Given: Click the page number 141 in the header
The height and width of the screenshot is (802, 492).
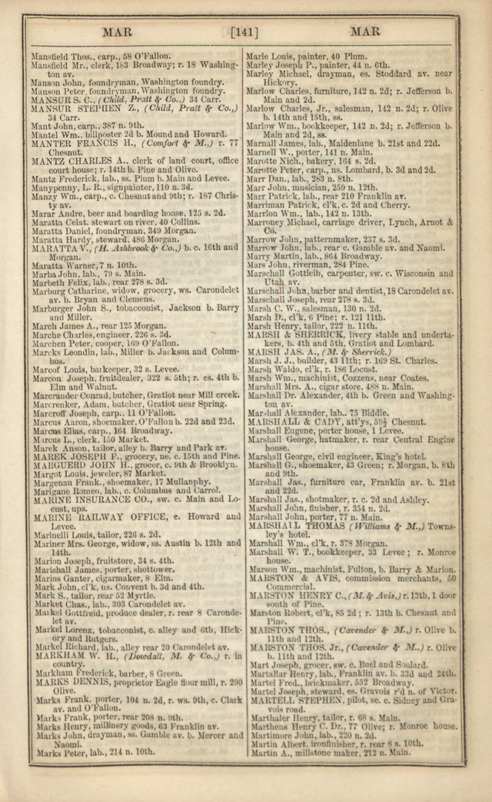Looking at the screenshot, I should [x=244, y=32].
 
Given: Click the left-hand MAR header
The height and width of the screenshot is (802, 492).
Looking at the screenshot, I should [x=119, y=32].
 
